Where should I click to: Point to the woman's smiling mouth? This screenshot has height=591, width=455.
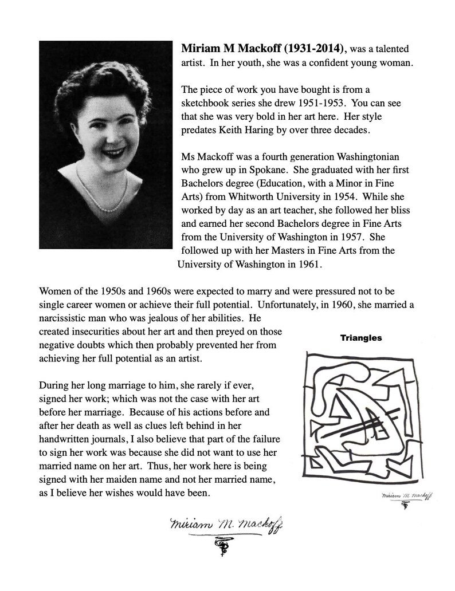[x=114, y=153]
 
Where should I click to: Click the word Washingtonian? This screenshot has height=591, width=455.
[x=367, y=157]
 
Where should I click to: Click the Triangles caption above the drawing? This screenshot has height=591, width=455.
[x=361, y=338]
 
